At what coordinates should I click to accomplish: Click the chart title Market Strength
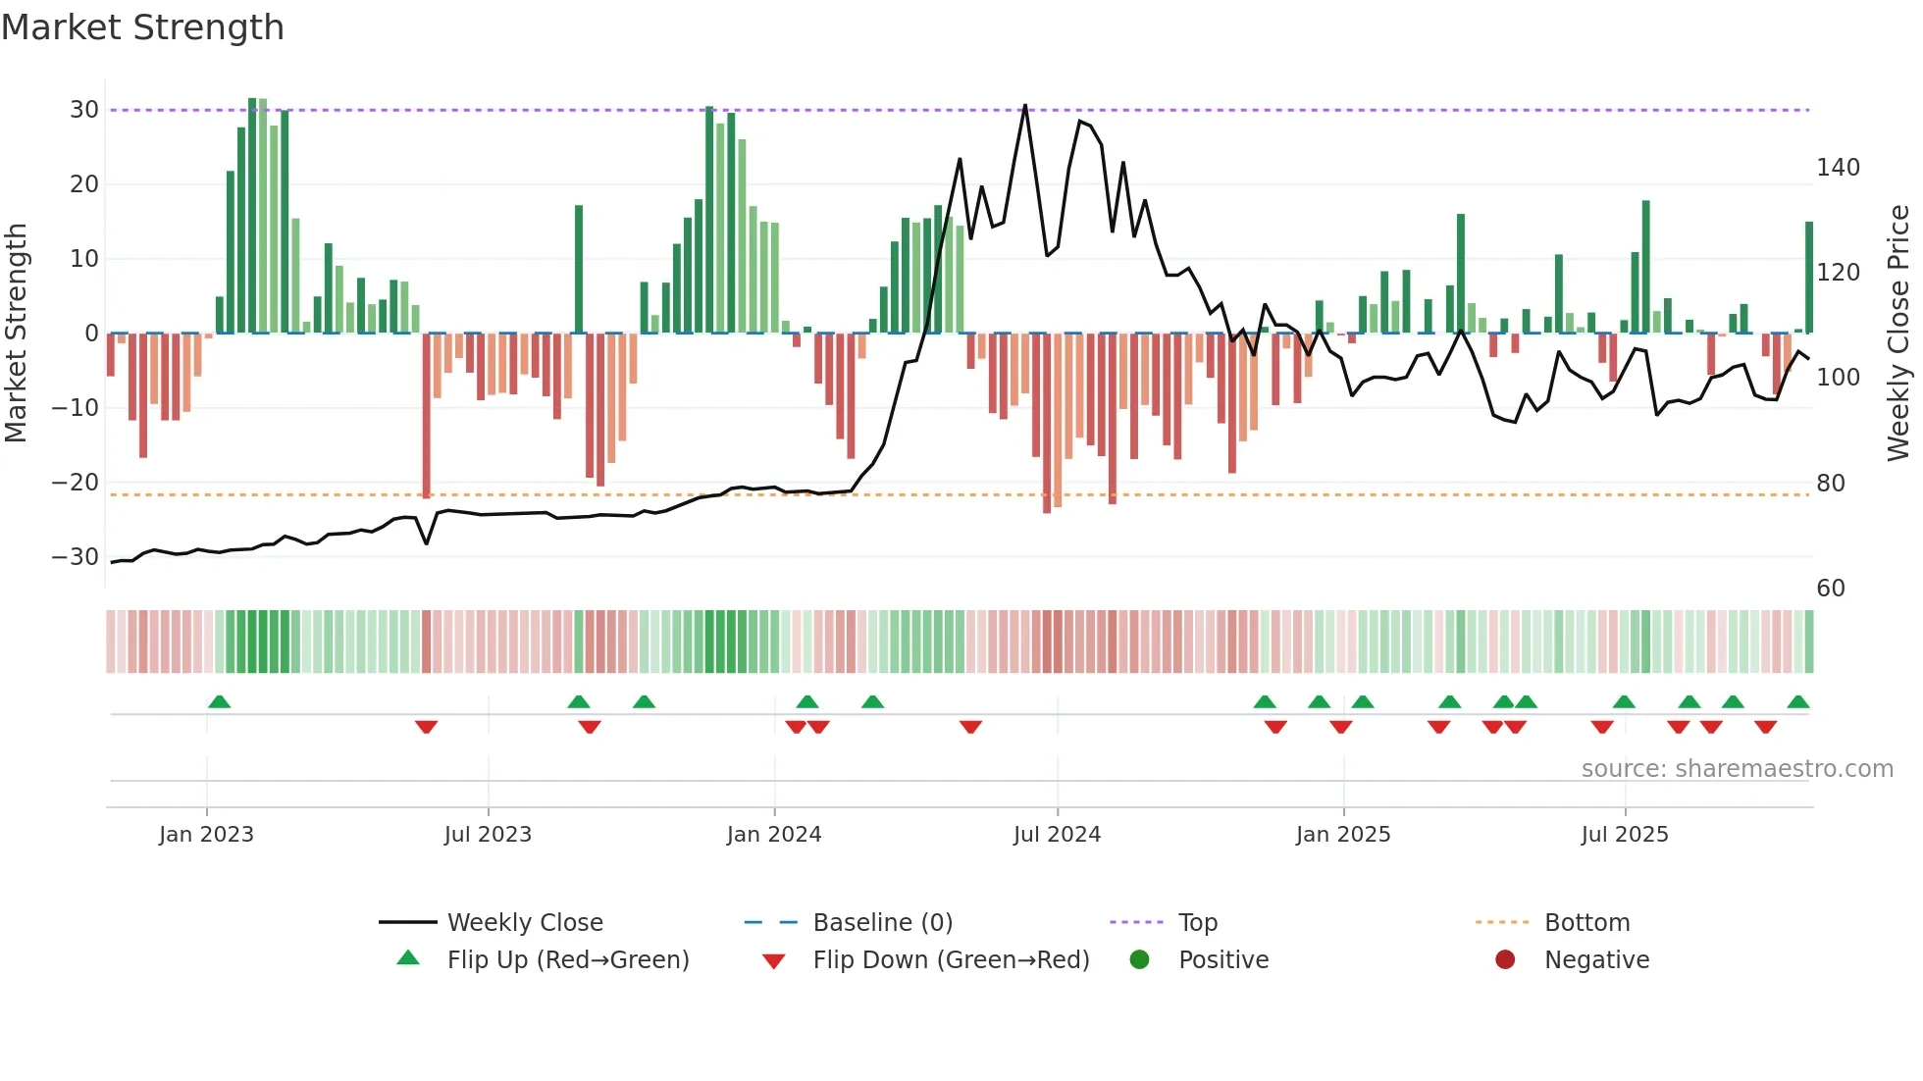(x=142, y=27)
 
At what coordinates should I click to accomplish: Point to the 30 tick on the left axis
(x=84, y=110)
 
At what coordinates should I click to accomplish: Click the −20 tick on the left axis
(x=76, y=483)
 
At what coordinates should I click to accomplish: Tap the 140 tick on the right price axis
(x=1837, y=168)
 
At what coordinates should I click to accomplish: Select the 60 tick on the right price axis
(x=1830, y=589)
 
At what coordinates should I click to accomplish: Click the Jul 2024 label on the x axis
(x=1057, y=835)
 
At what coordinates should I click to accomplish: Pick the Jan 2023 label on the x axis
(x=206, y=835)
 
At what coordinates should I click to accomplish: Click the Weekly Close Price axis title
(x=1898, y=334)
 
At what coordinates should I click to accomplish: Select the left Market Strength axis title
(x=16, y=334)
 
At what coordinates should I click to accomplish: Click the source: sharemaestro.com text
(x=1737, y=769)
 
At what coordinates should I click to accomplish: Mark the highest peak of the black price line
(x=1025, y=106)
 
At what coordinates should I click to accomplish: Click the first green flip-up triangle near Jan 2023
(x=220, y=701)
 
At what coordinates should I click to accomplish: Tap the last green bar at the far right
(x=1809, y=278)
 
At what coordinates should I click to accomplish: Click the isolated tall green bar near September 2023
(x=579, y=270)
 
